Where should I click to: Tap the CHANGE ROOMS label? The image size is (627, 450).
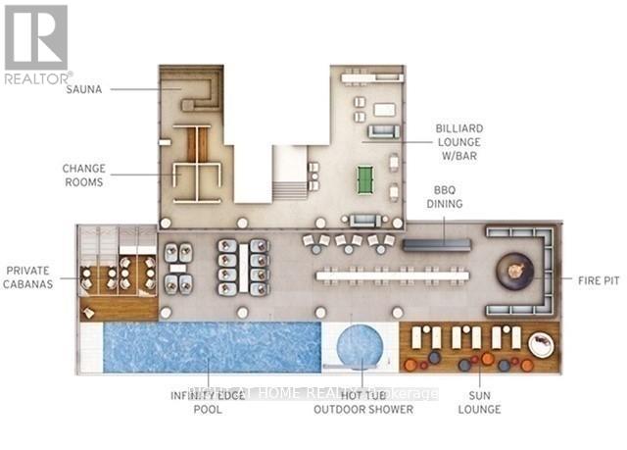83,175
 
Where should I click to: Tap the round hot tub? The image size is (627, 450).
362,348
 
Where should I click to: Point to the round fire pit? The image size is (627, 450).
515,271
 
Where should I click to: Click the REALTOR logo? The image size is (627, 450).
37,44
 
